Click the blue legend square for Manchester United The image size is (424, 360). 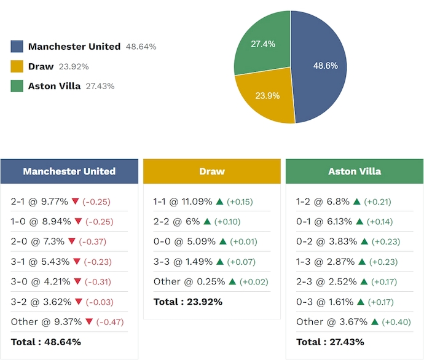pos(17,47)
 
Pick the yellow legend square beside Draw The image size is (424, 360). pos(17,66)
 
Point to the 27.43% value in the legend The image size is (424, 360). pos(100,86)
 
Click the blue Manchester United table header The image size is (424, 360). pos(69,171)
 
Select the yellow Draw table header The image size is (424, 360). pos(212,171)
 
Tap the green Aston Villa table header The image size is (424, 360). pos(355,171)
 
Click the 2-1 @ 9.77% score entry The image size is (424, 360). pos(39,202)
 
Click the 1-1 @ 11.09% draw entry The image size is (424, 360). pos(183,202)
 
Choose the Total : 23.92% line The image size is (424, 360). pos(187,302)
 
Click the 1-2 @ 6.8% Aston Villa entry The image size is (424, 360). pos(323,202)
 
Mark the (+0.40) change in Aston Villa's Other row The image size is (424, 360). pos(396,322)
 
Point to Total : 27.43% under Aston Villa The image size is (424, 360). pos(330,342)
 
